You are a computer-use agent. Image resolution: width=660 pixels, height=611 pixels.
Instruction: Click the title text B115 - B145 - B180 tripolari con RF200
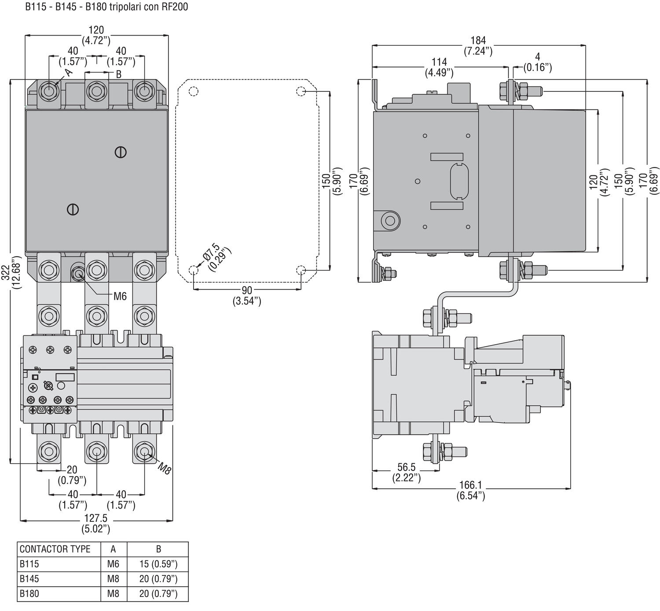[106, 7]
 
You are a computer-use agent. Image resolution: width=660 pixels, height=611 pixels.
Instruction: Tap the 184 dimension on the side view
[478, 40]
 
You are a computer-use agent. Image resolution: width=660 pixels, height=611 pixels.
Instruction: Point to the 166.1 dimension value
[470, 485]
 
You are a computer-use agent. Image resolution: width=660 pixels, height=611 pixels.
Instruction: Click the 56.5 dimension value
[407, 467]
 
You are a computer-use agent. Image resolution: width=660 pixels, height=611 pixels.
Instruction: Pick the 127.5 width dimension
[96, 518]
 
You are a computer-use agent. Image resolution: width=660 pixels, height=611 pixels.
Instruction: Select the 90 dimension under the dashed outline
[246, 290]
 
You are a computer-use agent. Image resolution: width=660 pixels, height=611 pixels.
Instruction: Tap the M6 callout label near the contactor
[120, 296]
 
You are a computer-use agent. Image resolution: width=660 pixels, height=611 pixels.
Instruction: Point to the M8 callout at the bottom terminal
[164, 468]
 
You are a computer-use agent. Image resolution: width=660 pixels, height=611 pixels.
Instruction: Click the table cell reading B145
[29, 579]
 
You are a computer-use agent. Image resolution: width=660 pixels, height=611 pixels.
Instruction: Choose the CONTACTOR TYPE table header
[55, 549]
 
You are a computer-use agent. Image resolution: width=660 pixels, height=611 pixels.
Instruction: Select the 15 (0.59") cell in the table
[158, 564]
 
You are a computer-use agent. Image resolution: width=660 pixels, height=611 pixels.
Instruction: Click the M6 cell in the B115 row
[113, 564]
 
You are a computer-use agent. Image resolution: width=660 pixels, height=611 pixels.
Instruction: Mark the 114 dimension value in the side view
[439, 62]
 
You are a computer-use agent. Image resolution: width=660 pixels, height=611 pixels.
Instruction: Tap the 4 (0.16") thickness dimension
[537, 62]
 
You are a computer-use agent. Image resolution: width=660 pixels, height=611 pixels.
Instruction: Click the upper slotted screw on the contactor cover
[121, 153]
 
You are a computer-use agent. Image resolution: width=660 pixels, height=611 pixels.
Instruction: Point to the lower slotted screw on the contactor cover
[73, 210]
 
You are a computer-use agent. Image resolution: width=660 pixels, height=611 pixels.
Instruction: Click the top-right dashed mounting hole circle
[301, 91]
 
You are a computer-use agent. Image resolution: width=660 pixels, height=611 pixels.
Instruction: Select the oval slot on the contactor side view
[459, 182]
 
